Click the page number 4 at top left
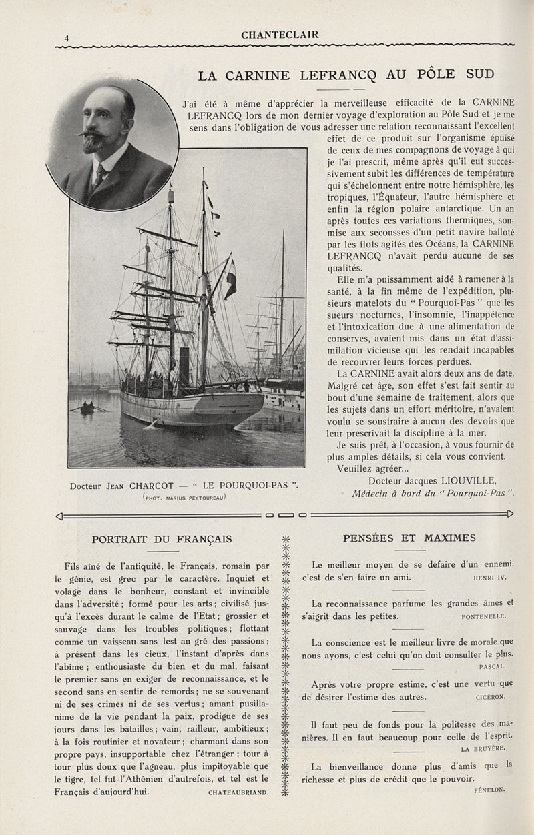click(x=67, y=39)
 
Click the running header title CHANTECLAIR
click(x=280, y=35)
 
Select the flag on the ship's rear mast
click(x=230, y=279)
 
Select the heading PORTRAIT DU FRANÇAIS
click(x=162, y=538)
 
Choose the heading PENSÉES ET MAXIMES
click(x=409, y=538)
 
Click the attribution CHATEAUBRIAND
click(x=238, y=792)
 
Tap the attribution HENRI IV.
click(x=489, y=578)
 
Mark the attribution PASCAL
click(x=493, y=666)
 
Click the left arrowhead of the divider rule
click(x=61, y=515)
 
